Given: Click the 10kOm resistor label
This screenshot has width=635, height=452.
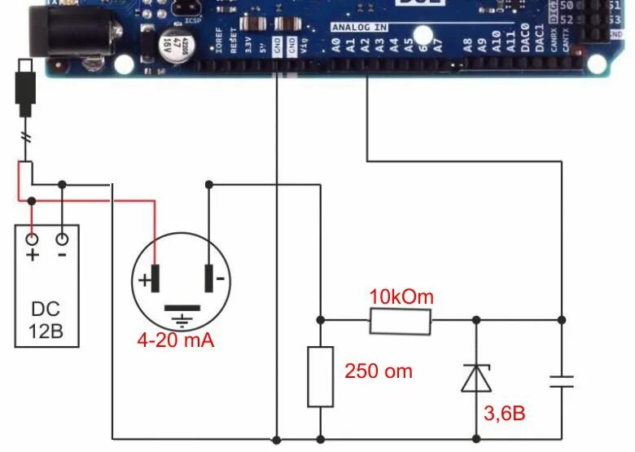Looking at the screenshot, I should click(401, 296).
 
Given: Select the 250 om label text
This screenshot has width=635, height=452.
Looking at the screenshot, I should click(378, 371).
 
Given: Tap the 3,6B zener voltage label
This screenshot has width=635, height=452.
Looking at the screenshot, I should click(504, 414).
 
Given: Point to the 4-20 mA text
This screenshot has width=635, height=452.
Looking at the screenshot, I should click(175, 340).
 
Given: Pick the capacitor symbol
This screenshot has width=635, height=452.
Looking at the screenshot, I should click(562, 380).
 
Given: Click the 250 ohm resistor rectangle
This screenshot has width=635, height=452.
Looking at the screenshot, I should click(320, 376).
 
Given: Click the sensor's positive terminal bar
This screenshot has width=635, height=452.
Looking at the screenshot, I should click(155, 278).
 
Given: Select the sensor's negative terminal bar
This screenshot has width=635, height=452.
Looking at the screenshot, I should click(209, 278).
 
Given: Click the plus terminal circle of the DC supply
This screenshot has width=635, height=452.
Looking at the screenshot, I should click(33, 239).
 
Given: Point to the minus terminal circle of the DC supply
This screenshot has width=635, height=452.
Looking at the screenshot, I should click(62, 239).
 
